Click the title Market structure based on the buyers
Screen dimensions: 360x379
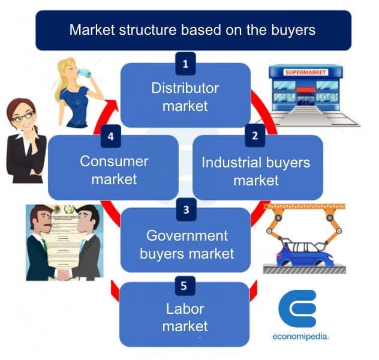click(x=192, y=29)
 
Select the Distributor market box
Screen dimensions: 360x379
click(x=185, y=97)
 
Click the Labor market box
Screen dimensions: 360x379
click(x=185, y=317)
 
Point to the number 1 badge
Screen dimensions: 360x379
click(x=185, y=62)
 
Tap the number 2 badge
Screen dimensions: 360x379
click(x=255, y=135)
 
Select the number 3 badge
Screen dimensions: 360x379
click(x=186, y=209)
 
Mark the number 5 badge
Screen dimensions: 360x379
click(x=185, y=285)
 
